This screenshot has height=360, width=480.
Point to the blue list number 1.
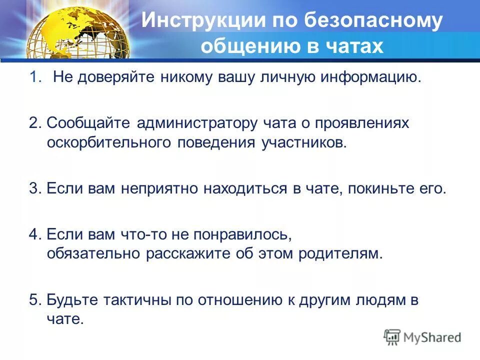click(33, 77)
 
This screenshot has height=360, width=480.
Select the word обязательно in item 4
click(93, 253)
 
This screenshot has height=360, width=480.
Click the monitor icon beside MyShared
click(393, 337)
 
